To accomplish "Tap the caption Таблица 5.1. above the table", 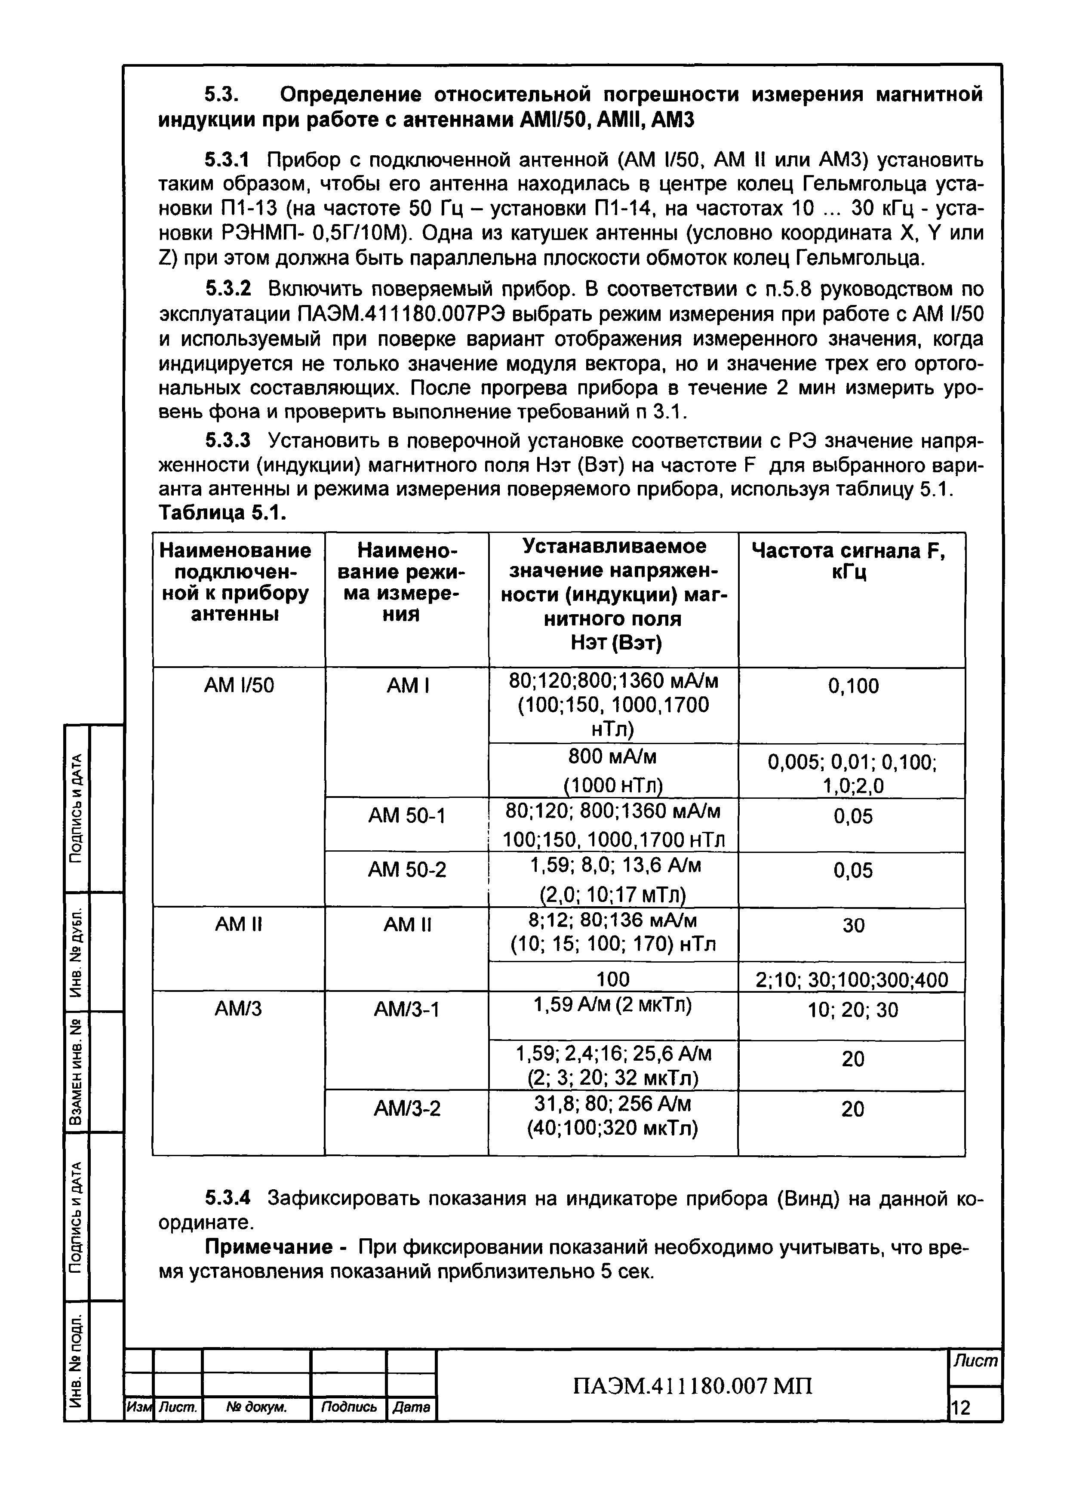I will click(x=222, y=513).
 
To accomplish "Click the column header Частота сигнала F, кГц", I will click(x=852, y=561).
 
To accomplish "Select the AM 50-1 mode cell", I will click(x=407, y=816).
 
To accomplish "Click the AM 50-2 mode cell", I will click(x=407, y=870).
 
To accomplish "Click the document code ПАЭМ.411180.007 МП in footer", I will click(x=692, y=1386).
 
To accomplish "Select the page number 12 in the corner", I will click(x=961, y=1407).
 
